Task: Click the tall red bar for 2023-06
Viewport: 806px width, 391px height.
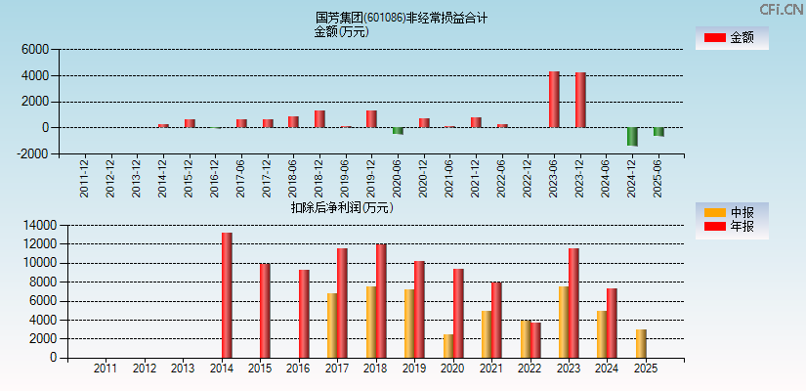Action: (554, 99)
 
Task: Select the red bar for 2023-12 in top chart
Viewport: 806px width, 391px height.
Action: (580, 100)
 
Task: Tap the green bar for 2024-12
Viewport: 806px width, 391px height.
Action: (632, 136)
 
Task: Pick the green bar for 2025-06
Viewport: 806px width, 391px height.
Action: (658, 131)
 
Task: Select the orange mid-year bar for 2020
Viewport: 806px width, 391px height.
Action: (448, 346)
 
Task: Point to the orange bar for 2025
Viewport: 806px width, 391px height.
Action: (641, 343)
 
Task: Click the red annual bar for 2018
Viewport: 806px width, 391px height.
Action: (381, 300)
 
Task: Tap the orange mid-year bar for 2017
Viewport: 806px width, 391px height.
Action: (332, 326)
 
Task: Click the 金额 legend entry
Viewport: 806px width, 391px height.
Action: (731, 37)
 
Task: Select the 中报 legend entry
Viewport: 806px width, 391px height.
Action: (731, 212)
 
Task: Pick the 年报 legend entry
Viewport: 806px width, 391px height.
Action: (731, 227)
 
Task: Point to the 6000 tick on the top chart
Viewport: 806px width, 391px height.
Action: (34, 49)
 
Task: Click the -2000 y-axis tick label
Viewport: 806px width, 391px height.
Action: (32, 153)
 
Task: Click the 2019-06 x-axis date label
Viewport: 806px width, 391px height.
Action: (345, 178)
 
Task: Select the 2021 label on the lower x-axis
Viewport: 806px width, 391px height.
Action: (491, 369)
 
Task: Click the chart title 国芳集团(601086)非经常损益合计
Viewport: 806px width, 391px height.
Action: (402, 18)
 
